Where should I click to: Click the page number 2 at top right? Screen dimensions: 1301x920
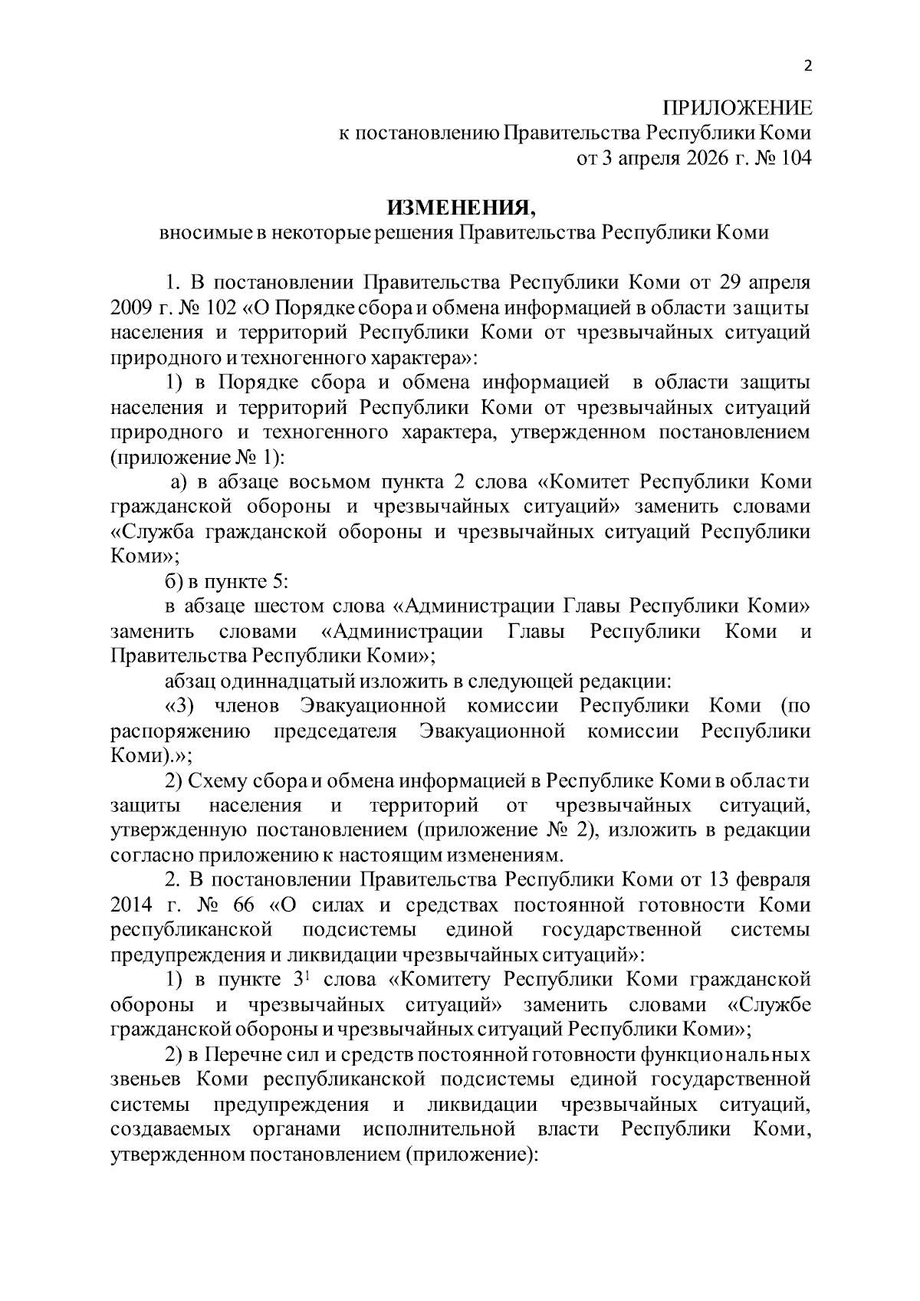click(x=806, y=66)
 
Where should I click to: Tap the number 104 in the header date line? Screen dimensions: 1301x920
click(x=795, y=158)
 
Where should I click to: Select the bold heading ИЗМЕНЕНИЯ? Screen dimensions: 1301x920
click(x=459, y=208)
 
